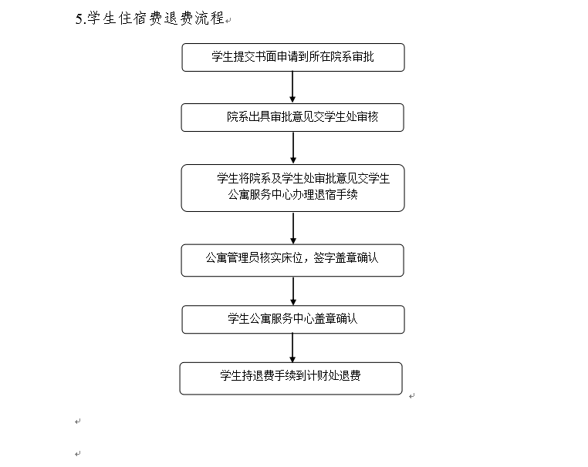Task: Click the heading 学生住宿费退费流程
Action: click(x=156, y=18)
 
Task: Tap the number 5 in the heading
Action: click(x=79, y=18)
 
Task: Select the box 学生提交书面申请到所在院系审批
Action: click(x=293, y=57)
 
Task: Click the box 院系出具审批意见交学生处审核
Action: click(x=292, y=118)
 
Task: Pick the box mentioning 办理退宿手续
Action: click(x=293, y=188)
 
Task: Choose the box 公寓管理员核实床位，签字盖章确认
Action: click(x=292, y=260)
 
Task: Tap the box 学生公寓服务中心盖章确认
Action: click(x=293, y=320)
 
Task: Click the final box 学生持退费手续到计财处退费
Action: click(x=291, y=378)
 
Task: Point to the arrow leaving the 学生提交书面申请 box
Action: click(x=292, y=87)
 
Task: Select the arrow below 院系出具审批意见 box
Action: click(x=293, y=147)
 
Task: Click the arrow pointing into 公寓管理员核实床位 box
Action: click(x=293, y=228)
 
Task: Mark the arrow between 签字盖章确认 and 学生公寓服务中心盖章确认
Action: click(x=293, y=291)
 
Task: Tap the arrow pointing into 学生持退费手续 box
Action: click(x=292, y=348)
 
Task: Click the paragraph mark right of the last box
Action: click(x=412, y=396)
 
